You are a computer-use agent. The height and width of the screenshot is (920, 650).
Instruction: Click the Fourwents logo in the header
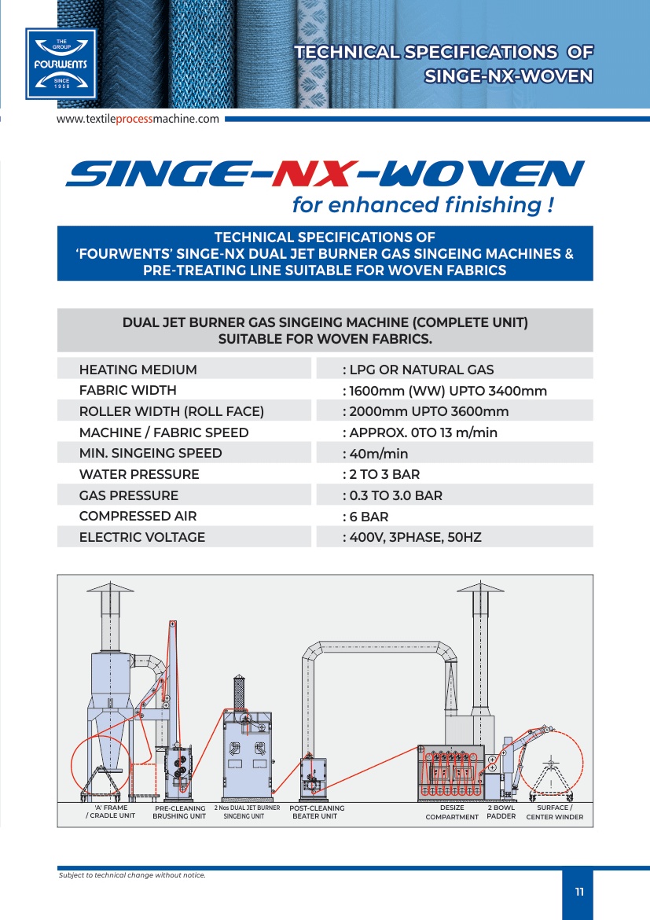pyautogui.click(x=61, y=64)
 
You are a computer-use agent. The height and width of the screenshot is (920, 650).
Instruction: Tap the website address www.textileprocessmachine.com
pyautogui.click(x=138, y=119)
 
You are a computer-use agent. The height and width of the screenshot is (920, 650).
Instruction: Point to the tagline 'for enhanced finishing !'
pyautogui.click(x=423, y=204)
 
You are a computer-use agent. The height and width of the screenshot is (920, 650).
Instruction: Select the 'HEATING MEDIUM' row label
pyautogui.click(x=138, y=370)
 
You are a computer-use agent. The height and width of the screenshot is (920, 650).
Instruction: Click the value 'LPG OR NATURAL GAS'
pyautogui.click(x=418, y=370)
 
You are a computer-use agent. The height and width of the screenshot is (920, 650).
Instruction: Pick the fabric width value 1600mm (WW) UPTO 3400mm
pyautogui.click(x=445, y=391)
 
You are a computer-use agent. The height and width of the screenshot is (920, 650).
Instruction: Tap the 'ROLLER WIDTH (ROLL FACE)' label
pyautogui.click(x=171, y=411)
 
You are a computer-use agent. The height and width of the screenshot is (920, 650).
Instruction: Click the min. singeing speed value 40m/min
pyautogui.click(x=376, y=454)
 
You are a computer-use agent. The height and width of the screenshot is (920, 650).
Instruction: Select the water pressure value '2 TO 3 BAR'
pyautogui.click(x=381, y=474)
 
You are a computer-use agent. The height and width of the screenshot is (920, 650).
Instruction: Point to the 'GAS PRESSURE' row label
pyautogui.click(x=128, y=495)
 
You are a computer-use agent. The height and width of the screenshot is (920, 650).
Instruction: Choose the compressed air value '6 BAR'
pyautogui.click(x=365, y=517)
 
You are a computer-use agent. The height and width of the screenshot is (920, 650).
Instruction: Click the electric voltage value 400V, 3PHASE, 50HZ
pyautogui.click(x=412, y=537)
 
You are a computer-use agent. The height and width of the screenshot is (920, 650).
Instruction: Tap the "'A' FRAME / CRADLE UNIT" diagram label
pyautogui.click(x=110, y=811)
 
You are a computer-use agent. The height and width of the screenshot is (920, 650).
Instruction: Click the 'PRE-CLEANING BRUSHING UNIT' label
pyautogui.click(x=179, y=812)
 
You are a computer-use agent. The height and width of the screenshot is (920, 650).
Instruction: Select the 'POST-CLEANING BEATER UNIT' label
pyautogui.click(x=317, y=812)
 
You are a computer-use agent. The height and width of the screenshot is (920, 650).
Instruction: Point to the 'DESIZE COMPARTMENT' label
pyautogui.click(x=452, y=812)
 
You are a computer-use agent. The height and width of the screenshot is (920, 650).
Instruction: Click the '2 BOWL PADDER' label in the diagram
pyautogui.click(x=501, y=812)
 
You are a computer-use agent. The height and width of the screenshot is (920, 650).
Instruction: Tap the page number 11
pyautogui.click(x=579, y=892)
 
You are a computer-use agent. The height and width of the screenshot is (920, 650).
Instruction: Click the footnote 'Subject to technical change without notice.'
pyautogui.click(x=133, y=875)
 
